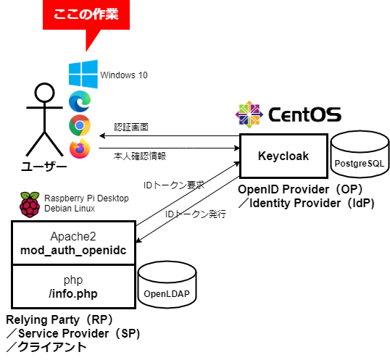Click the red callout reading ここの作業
pos(86,15)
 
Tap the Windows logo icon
pos(83,74)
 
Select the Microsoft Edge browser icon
pos(80,101)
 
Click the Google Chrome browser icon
pos(80,125)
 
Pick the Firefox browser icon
pos(80,148)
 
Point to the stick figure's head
pos(44,93)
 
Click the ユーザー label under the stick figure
pos(44,167)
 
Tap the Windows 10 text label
pos(124,75)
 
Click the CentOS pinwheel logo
pos(249,114)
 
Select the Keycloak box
pos(283,156)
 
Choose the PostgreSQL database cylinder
pos(360,154)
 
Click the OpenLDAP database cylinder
pos(167,285)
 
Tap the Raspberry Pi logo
pos(30,205)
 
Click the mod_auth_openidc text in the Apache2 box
pos(73,251)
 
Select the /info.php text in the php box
pos(73,294)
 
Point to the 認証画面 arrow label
pos(131,127)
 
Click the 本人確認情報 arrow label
pos(140,156)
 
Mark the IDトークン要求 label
pos(174,185)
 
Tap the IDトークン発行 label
pos(196,214)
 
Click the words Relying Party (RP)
pos(60,320)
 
